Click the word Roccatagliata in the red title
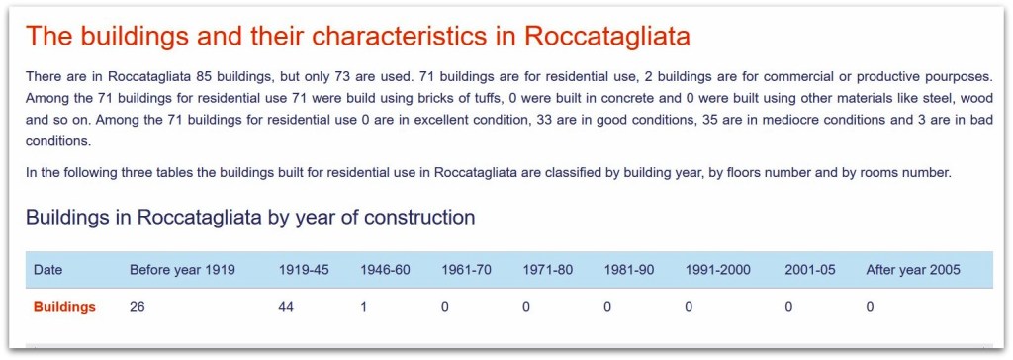(x=606, y=37)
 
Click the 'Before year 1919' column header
(x=182, y=270)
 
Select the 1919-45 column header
(x=304, y=270)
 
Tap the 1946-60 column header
(x=385, y=270)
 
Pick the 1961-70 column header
(x=467, y=270)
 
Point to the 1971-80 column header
(x=548, y=270)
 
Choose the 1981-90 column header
(x=629, y=270)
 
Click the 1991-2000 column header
(x=718, y=270)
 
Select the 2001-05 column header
(x=810, y=270)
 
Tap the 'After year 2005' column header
(x=913, y=270)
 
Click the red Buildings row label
(x=64, y=307)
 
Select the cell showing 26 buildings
(x=137, y=307)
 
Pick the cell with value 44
(x=286, y=307)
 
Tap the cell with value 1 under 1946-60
(x=364, y=307)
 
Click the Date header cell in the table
(x=47, y=270)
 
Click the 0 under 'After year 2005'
(x=871, y=307)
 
